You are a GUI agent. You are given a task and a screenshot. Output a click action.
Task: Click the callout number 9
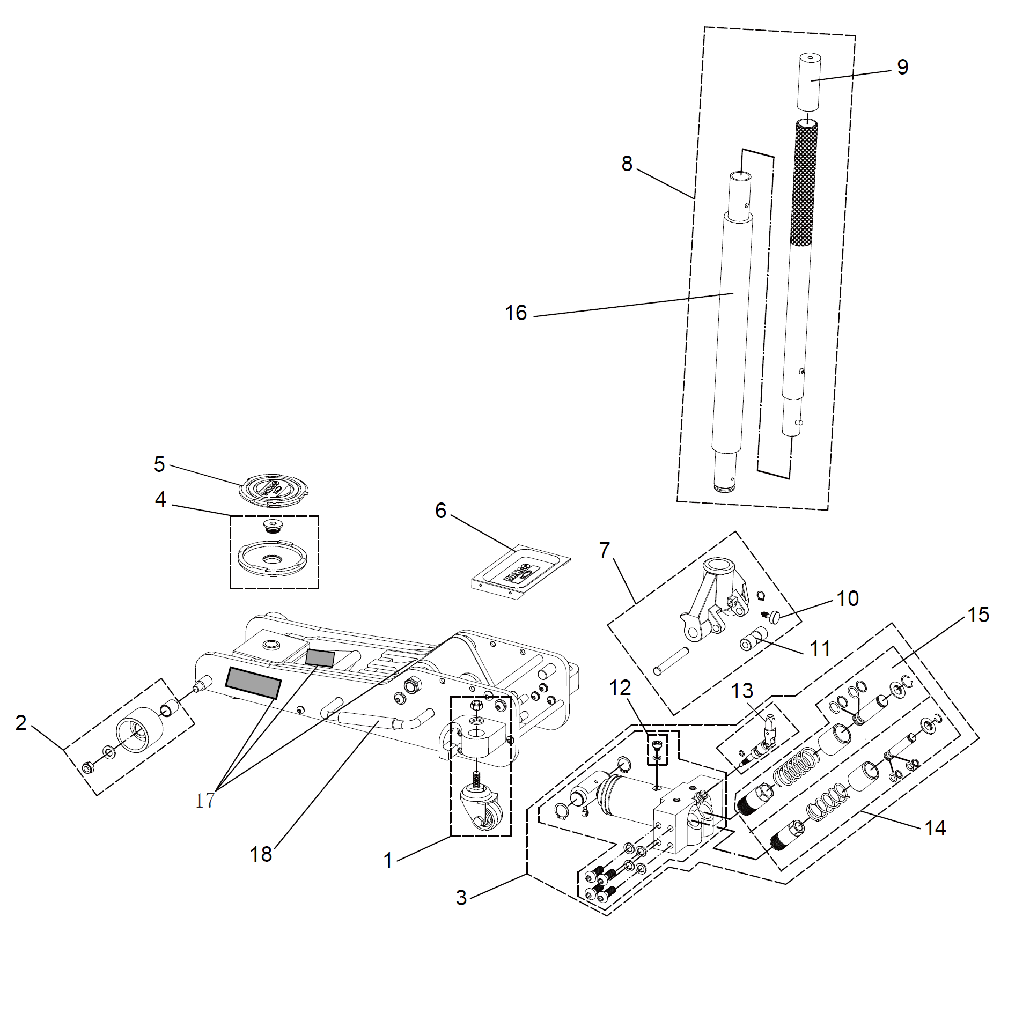click(903, 67)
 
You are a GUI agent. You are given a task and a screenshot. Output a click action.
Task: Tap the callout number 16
click(516, 313)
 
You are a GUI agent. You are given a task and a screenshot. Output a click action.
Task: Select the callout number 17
click(205, 801)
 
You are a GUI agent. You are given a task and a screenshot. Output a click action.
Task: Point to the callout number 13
click(742, 691)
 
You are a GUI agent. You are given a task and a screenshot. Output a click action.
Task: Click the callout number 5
click(159, 464)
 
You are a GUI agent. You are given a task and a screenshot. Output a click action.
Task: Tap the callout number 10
click(848, 598)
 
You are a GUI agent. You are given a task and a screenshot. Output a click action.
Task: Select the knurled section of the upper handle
click(804, 182)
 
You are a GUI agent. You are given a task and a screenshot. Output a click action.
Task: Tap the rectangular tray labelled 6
click(520, 572)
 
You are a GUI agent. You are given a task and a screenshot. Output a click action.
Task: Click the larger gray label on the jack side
click(253, 683)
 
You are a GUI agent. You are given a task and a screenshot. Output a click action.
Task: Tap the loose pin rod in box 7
click(671, 661)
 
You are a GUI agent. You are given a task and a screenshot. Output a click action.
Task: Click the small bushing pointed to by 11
click(753, 639)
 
